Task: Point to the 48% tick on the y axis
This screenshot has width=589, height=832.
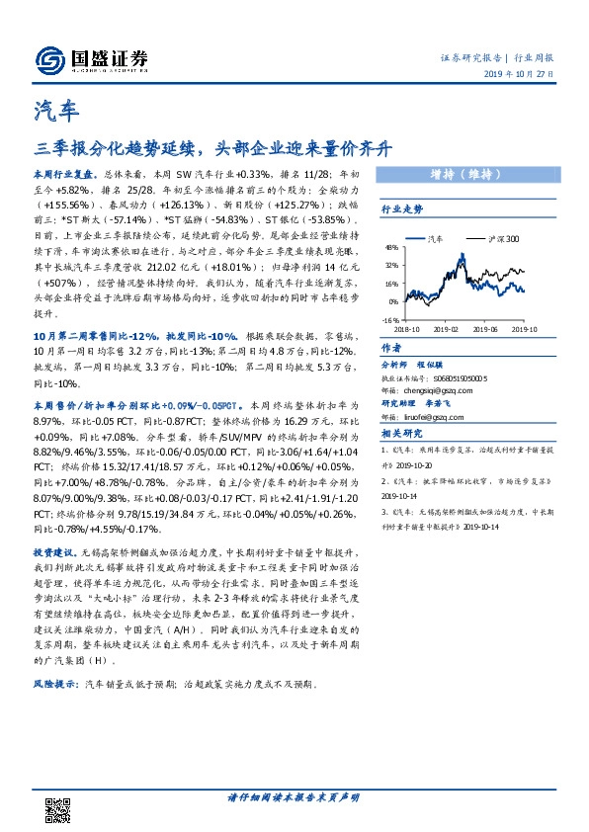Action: (391, 247)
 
